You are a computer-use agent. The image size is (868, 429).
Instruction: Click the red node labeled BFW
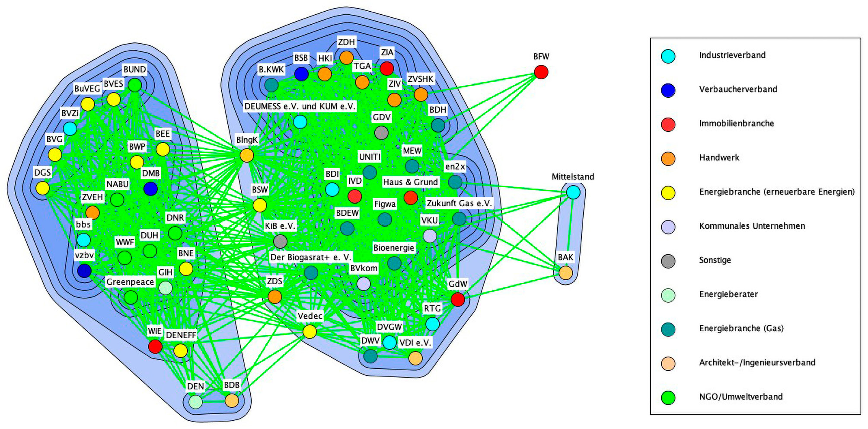point(541,72)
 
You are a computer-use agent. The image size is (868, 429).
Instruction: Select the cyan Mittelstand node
point(573,192)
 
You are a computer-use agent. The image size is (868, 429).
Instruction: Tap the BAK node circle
point(565,273)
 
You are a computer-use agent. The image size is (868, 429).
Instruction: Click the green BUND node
point(135,85)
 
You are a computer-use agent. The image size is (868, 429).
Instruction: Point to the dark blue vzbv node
point(84,271)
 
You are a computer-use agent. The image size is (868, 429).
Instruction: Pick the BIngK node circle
point(246,155)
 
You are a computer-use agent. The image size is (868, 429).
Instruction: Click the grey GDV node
point(381,133)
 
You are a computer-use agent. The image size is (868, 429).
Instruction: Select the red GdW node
point(458,299)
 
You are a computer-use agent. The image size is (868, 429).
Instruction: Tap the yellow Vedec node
point(310,332)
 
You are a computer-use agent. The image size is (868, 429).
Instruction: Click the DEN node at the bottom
point(195,402)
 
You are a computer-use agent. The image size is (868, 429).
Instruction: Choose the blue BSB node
point(301,74)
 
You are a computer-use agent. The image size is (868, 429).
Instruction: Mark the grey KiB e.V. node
point(280,241)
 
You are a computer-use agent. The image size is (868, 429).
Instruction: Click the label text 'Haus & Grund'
point(410,182)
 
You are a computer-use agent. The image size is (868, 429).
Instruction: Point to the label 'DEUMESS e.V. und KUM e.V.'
point(300,106)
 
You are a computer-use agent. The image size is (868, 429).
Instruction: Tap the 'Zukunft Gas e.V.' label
point(459,203)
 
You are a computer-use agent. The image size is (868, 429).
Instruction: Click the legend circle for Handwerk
point(668,158)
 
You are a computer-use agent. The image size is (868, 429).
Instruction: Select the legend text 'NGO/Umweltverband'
point(741,397)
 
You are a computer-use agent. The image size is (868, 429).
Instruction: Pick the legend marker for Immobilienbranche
point(668,124)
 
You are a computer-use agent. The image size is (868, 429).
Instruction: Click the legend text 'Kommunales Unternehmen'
point(752,226)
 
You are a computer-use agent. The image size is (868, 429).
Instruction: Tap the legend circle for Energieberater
point(668,295)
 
